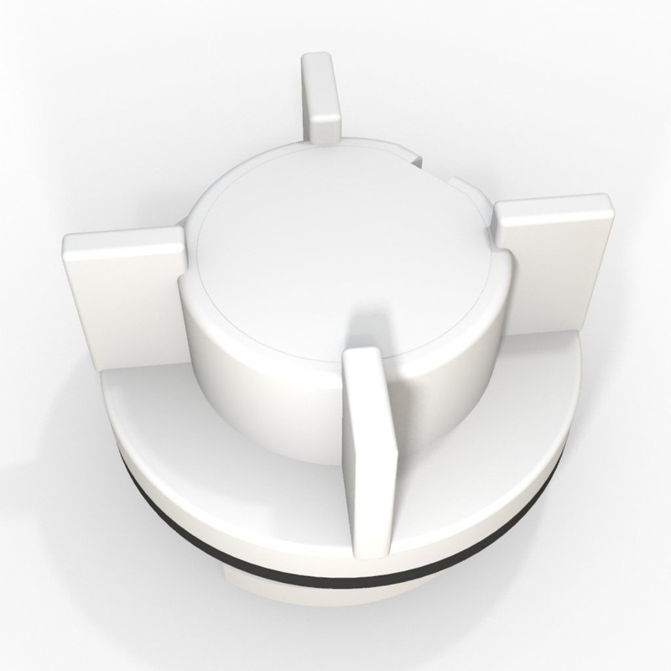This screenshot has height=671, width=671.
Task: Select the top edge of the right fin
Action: click(x=554, y=206)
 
